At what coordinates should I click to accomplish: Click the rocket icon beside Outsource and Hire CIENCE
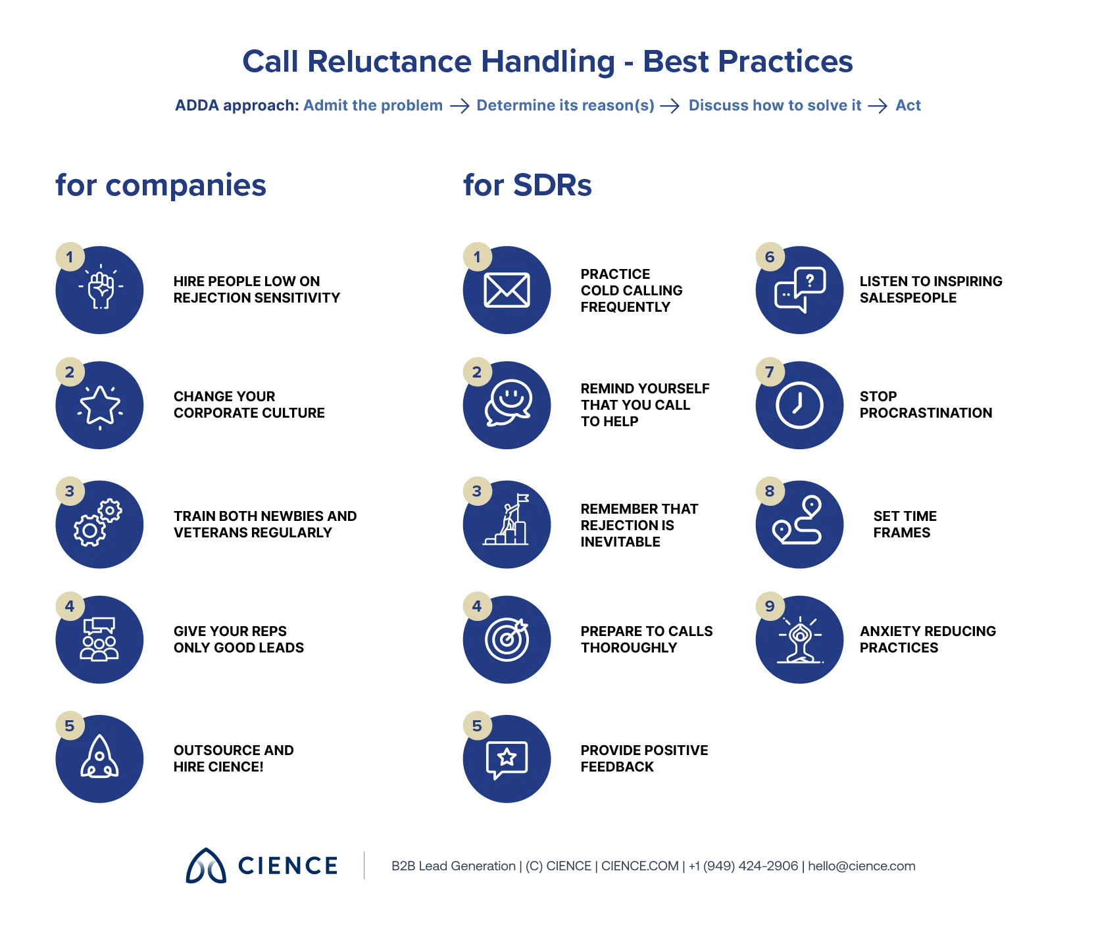click(99, 758)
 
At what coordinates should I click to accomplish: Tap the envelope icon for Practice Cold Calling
click(507, 290)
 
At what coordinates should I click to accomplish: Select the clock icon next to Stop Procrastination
click(799, 405)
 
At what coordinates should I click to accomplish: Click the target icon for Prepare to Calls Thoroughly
click(507, 639)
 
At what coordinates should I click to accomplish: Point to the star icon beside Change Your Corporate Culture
click(99, 405)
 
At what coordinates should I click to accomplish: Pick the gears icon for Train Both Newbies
click(99, 524)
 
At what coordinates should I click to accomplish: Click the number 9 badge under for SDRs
click(770, 606)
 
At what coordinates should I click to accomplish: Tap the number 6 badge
click(770, 257)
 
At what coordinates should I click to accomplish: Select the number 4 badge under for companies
click(70, 606)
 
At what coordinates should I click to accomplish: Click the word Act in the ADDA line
click(908, 105)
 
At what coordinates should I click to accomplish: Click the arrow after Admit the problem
click(459, 106)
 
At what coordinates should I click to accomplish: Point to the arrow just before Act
click(878, 106)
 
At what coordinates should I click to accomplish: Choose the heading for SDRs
click(527, 185)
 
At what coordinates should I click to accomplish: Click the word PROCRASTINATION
click(926, 413)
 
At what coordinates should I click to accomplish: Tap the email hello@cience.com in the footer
click(861, 866)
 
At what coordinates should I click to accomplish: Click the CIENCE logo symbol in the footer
click(206, 866)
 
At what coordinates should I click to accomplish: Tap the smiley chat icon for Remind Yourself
click(507, 403)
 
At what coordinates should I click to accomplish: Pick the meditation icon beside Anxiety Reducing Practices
click(799, 639)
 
